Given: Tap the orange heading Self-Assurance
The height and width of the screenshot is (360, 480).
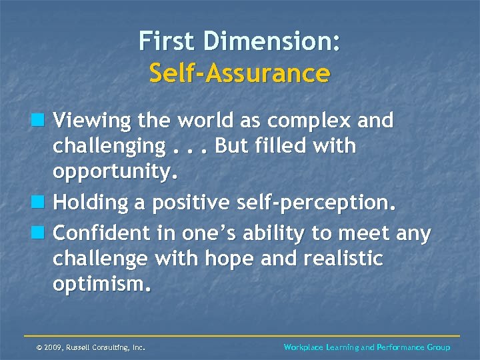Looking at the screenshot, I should click(x=239, y=73).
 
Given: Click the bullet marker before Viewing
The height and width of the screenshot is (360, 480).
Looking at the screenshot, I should click(x=41, y=121).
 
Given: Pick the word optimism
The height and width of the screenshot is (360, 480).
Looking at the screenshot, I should click(x=102, y=285).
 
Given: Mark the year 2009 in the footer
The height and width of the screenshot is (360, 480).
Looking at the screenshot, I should click(x=54, y=347).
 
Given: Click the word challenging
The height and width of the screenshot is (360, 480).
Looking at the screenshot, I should click(x=109, y=146).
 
